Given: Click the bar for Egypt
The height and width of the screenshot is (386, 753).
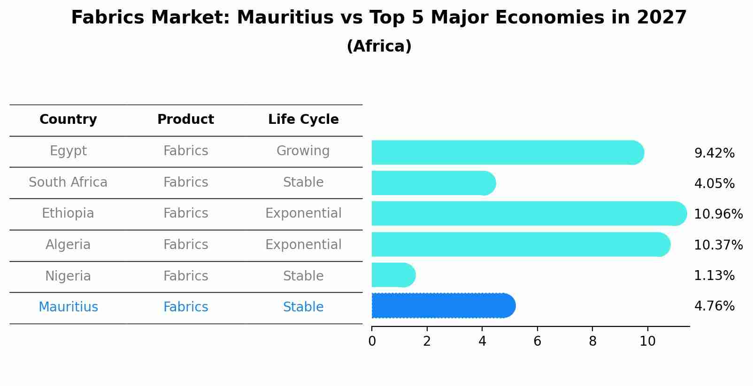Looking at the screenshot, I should pos(507,152).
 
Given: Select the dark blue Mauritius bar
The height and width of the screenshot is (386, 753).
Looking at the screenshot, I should pos(443,306).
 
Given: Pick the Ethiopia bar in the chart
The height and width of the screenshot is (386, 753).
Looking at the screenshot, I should pos(529,213).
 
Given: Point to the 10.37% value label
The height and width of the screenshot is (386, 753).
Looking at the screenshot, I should pos(718,245).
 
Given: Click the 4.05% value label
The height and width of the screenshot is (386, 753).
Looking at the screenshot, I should pos(714,183).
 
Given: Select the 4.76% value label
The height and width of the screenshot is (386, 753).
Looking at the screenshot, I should pos(714,306).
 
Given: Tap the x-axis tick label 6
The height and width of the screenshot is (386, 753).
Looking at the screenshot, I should pos(537,341).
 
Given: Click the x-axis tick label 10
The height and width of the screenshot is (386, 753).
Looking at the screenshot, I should pos(647,341).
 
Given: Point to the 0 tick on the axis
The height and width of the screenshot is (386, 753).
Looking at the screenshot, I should pos(372,341).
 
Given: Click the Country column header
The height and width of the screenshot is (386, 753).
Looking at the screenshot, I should pos(68,120).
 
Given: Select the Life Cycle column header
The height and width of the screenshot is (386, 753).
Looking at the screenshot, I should pos(303,120).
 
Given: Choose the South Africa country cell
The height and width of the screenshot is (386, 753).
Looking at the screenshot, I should pos(68,182).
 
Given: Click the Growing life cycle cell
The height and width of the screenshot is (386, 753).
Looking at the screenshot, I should pos(303,151).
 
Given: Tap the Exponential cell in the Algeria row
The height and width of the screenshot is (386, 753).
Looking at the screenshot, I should pos(303,245).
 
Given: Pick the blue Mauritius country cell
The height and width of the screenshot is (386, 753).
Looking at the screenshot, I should pos(68,307).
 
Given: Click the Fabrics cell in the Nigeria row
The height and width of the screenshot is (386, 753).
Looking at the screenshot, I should pos(185,276).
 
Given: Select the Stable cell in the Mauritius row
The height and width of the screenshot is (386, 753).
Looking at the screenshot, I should pos(303,307).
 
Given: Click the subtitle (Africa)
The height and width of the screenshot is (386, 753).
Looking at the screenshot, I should pos(379,46).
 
